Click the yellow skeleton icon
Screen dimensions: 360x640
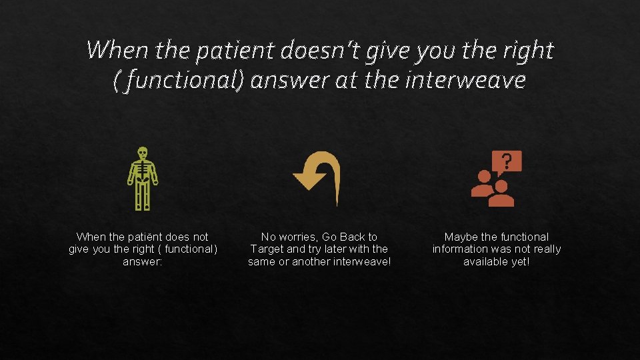coord(142,178)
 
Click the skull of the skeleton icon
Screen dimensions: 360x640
coord(142,153)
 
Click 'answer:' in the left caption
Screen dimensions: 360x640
coord(142,261)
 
